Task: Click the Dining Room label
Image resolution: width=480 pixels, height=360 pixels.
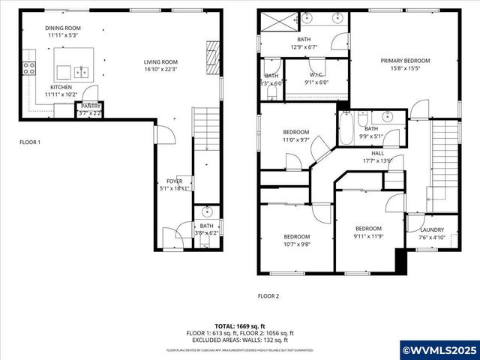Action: pyautogui.click(x=64, y=28)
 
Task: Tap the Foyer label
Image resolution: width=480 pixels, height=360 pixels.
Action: pyautogui.click(x=174, y=181)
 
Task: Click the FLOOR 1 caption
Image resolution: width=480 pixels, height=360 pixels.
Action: pyautogui.click(x=30, y=142)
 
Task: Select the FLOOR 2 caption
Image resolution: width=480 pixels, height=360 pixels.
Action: pyautogui.click(x=268, y=296)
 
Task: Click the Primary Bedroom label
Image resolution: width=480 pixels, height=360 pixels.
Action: pyautogui.click(x=405, y=61)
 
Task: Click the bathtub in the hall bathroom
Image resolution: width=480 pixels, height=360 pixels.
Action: pyautogui.click(x=346, y=129)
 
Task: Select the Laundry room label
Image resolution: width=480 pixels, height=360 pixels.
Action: pyautogui.click(x=431, y=230)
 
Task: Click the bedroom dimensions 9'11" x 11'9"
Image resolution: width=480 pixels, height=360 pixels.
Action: pyautogui.click(x=368, y=236)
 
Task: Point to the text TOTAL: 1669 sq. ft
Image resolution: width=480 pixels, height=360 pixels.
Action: pyautogui.click(x=239, y=326)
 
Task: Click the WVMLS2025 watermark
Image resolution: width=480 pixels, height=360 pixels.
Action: pyautogui.click(x=439, y=350)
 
